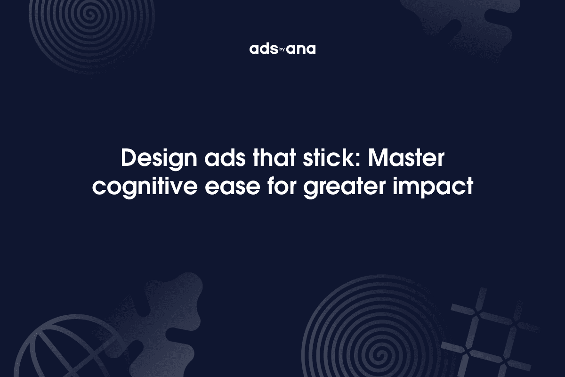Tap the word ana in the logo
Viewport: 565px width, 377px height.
(302, 49)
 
